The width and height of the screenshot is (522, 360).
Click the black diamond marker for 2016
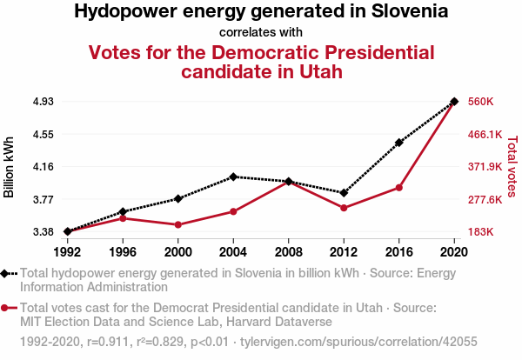[399, 143]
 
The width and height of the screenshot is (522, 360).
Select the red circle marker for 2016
[399, 187]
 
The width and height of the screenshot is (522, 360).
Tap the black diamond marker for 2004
[233, 177]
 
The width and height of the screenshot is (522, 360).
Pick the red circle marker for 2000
[178, 225]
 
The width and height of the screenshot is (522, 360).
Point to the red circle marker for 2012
[344, 208]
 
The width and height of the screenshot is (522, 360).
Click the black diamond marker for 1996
[123, 211]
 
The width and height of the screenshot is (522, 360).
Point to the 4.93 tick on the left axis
[43, 102]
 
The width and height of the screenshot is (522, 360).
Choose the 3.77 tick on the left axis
[43, 200]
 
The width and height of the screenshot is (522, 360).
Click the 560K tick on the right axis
[481, 102]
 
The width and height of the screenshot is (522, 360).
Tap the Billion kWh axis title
[10, 167]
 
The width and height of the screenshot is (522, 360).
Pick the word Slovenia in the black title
[410, 12]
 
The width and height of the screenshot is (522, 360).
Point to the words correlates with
[261, 33]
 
